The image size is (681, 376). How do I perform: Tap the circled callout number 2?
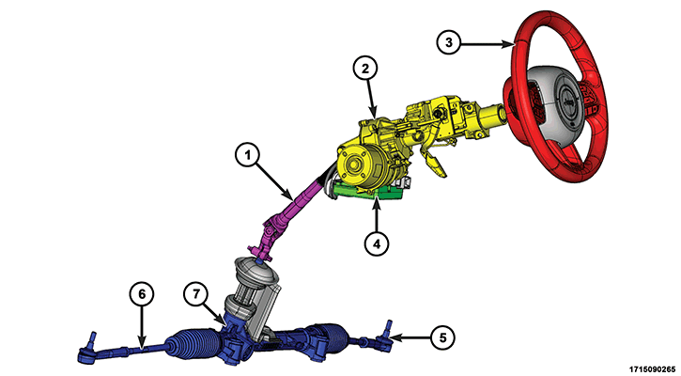coord(365,69)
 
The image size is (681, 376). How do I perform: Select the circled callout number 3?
coord(449,42)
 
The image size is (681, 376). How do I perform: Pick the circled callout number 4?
coord(376,243)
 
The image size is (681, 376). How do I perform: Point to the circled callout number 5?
coord(442,337)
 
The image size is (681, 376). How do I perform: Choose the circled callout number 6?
coord(142,294)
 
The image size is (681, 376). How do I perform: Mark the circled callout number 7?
coord(196,294)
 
